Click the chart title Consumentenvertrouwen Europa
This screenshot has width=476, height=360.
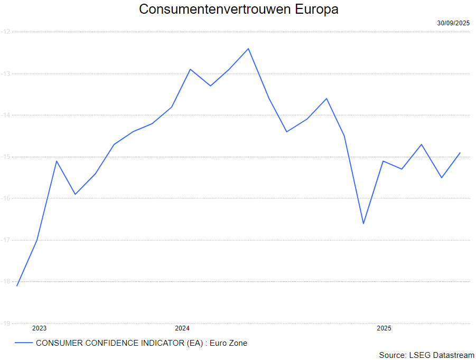[x=238, y=10]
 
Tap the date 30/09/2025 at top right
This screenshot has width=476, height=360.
[x=453, y=23]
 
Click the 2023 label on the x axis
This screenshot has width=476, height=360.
[x=40, y=328]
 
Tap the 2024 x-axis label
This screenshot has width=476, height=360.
[x=182, y=328]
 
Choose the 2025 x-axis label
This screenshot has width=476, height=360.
[x=384, y=328]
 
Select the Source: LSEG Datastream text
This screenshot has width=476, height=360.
[x=426, y=355]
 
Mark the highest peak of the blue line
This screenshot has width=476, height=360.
[x=248, y=49]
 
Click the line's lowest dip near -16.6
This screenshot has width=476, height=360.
[x=363, y=223]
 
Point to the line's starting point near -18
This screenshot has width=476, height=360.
[x=17, y=286]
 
